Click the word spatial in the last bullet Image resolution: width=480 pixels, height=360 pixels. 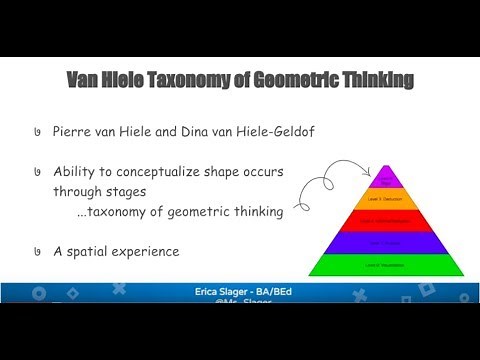106,252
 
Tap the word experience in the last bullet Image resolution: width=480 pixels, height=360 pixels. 155,252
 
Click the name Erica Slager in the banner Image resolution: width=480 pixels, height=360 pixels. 222,290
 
